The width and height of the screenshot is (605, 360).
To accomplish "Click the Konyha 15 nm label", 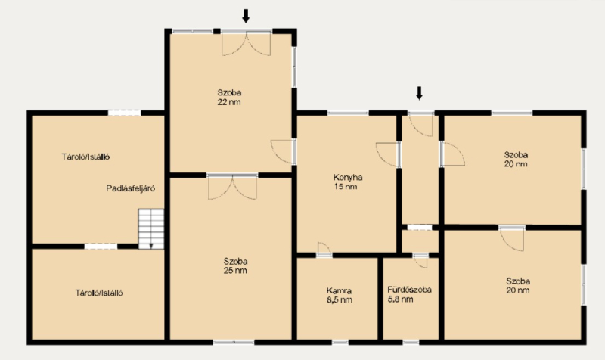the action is [348, 182].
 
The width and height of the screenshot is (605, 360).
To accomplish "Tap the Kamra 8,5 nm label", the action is [339, 296].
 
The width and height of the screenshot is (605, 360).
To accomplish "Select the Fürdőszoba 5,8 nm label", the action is [409, 294].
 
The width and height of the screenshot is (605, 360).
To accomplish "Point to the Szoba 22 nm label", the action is [229, 98].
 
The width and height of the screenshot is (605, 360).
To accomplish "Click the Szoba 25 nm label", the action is [235, 266].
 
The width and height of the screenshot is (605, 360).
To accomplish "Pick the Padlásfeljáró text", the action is [130, 188].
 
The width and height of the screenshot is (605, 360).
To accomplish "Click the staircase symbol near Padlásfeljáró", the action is [151, 229].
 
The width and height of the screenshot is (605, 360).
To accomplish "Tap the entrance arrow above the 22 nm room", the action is [245, 16].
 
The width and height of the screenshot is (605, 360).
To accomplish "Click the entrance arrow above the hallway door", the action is [419, 93].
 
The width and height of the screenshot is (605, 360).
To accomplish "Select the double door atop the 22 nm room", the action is [247, 43].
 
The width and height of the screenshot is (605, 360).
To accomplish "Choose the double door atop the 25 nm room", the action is [232, 187].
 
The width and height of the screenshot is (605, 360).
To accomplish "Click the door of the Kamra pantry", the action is [324, 250].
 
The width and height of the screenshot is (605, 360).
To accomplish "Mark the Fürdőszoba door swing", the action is [420, 261].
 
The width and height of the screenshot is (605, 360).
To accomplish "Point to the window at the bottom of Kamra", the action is [340, 343].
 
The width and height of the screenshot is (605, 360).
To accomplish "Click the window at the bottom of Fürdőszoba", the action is [411, 343].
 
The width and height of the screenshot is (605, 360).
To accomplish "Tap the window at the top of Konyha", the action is [348, 113].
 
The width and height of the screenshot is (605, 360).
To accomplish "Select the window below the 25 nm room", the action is [234, 343].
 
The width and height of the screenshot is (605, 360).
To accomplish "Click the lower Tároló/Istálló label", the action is [99, 293].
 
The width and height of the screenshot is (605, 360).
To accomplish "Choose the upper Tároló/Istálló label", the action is [85, 157].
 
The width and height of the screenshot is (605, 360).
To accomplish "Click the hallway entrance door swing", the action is [421, 125].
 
